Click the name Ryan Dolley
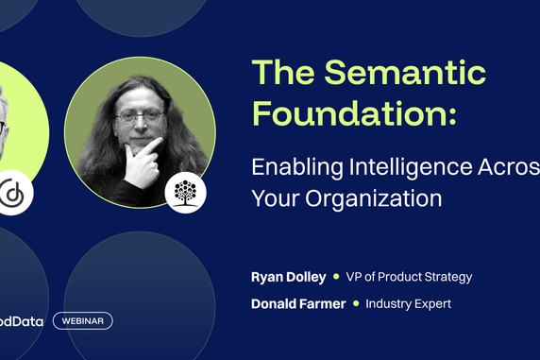(x=288, y=277)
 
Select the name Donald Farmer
(x=297, y=303)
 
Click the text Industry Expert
(x=408, y=303)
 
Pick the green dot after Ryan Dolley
(x=336, y=277)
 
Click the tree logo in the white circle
(x=185, y=193)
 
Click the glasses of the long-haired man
(x=139, y=116)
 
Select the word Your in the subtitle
(x=274, y=198)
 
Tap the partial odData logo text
(x=20, y=320)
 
